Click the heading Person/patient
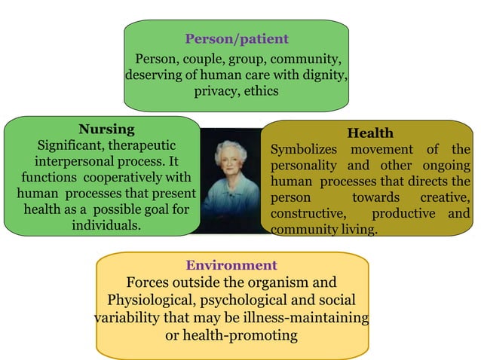coord(237,39)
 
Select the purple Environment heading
coord(231,265)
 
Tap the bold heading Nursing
coord(106,128)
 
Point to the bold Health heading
coord(370,133)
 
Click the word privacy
coord(216,92)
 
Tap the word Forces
coord(147,283)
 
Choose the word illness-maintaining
coord(307,317)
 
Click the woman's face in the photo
coord(230,166)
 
